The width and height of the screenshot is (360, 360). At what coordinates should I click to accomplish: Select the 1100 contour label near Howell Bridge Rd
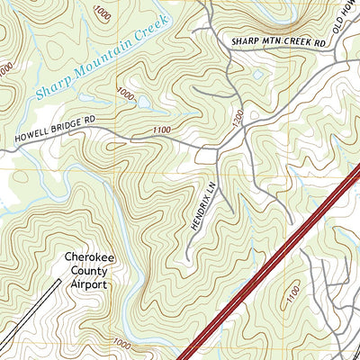tap(161, 130)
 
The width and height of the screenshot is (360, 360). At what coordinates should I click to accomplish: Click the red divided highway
tap(270, 261)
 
